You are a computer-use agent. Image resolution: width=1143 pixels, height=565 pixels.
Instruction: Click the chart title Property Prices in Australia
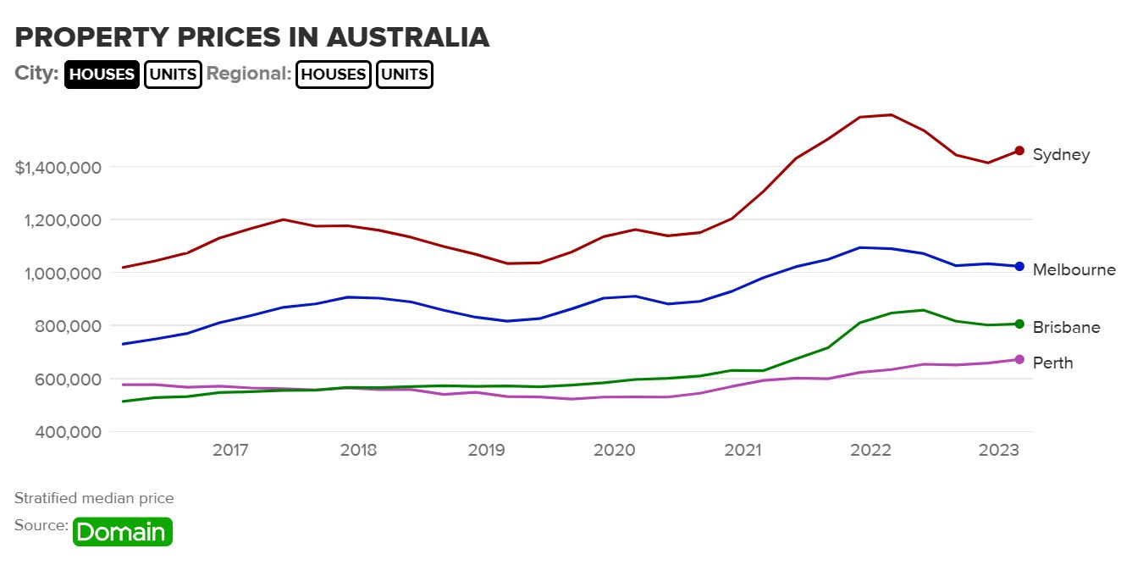(252, 37)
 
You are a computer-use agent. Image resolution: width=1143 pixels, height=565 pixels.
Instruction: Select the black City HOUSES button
(102, 74)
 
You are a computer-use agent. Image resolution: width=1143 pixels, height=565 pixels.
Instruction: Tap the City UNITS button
(173, 74)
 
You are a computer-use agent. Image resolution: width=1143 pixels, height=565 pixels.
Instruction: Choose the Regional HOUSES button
(334, 74)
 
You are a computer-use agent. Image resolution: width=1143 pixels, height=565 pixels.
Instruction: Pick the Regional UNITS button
(405, 74)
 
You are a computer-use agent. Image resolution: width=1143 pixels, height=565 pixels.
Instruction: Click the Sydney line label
(1061, 155)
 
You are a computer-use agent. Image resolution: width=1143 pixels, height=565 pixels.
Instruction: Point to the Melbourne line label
(1074, 270)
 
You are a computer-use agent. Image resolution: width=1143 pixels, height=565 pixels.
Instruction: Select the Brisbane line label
(1066, 328)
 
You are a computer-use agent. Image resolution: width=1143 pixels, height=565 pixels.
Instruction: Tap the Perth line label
(1052, 363)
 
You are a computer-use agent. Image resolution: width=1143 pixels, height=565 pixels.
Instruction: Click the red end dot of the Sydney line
(1019, 151)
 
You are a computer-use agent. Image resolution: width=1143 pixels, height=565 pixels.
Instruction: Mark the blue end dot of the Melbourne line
(1019, 267)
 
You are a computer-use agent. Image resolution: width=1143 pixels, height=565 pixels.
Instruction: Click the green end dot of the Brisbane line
(1019, 324)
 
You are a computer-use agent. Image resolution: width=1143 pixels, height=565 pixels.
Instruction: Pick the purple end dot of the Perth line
(1019, 359)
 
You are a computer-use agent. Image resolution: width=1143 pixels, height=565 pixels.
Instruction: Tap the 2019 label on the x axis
(486, 450)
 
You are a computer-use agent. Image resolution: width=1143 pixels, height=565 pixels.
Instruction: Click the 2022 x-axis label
(871, 450)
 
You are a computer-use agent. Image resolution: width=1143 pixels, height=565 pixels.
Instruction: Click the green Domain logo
(123, 532)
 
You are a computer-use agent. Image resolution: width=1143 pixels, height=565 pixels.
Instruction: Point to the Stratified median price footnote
(94, 498)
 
